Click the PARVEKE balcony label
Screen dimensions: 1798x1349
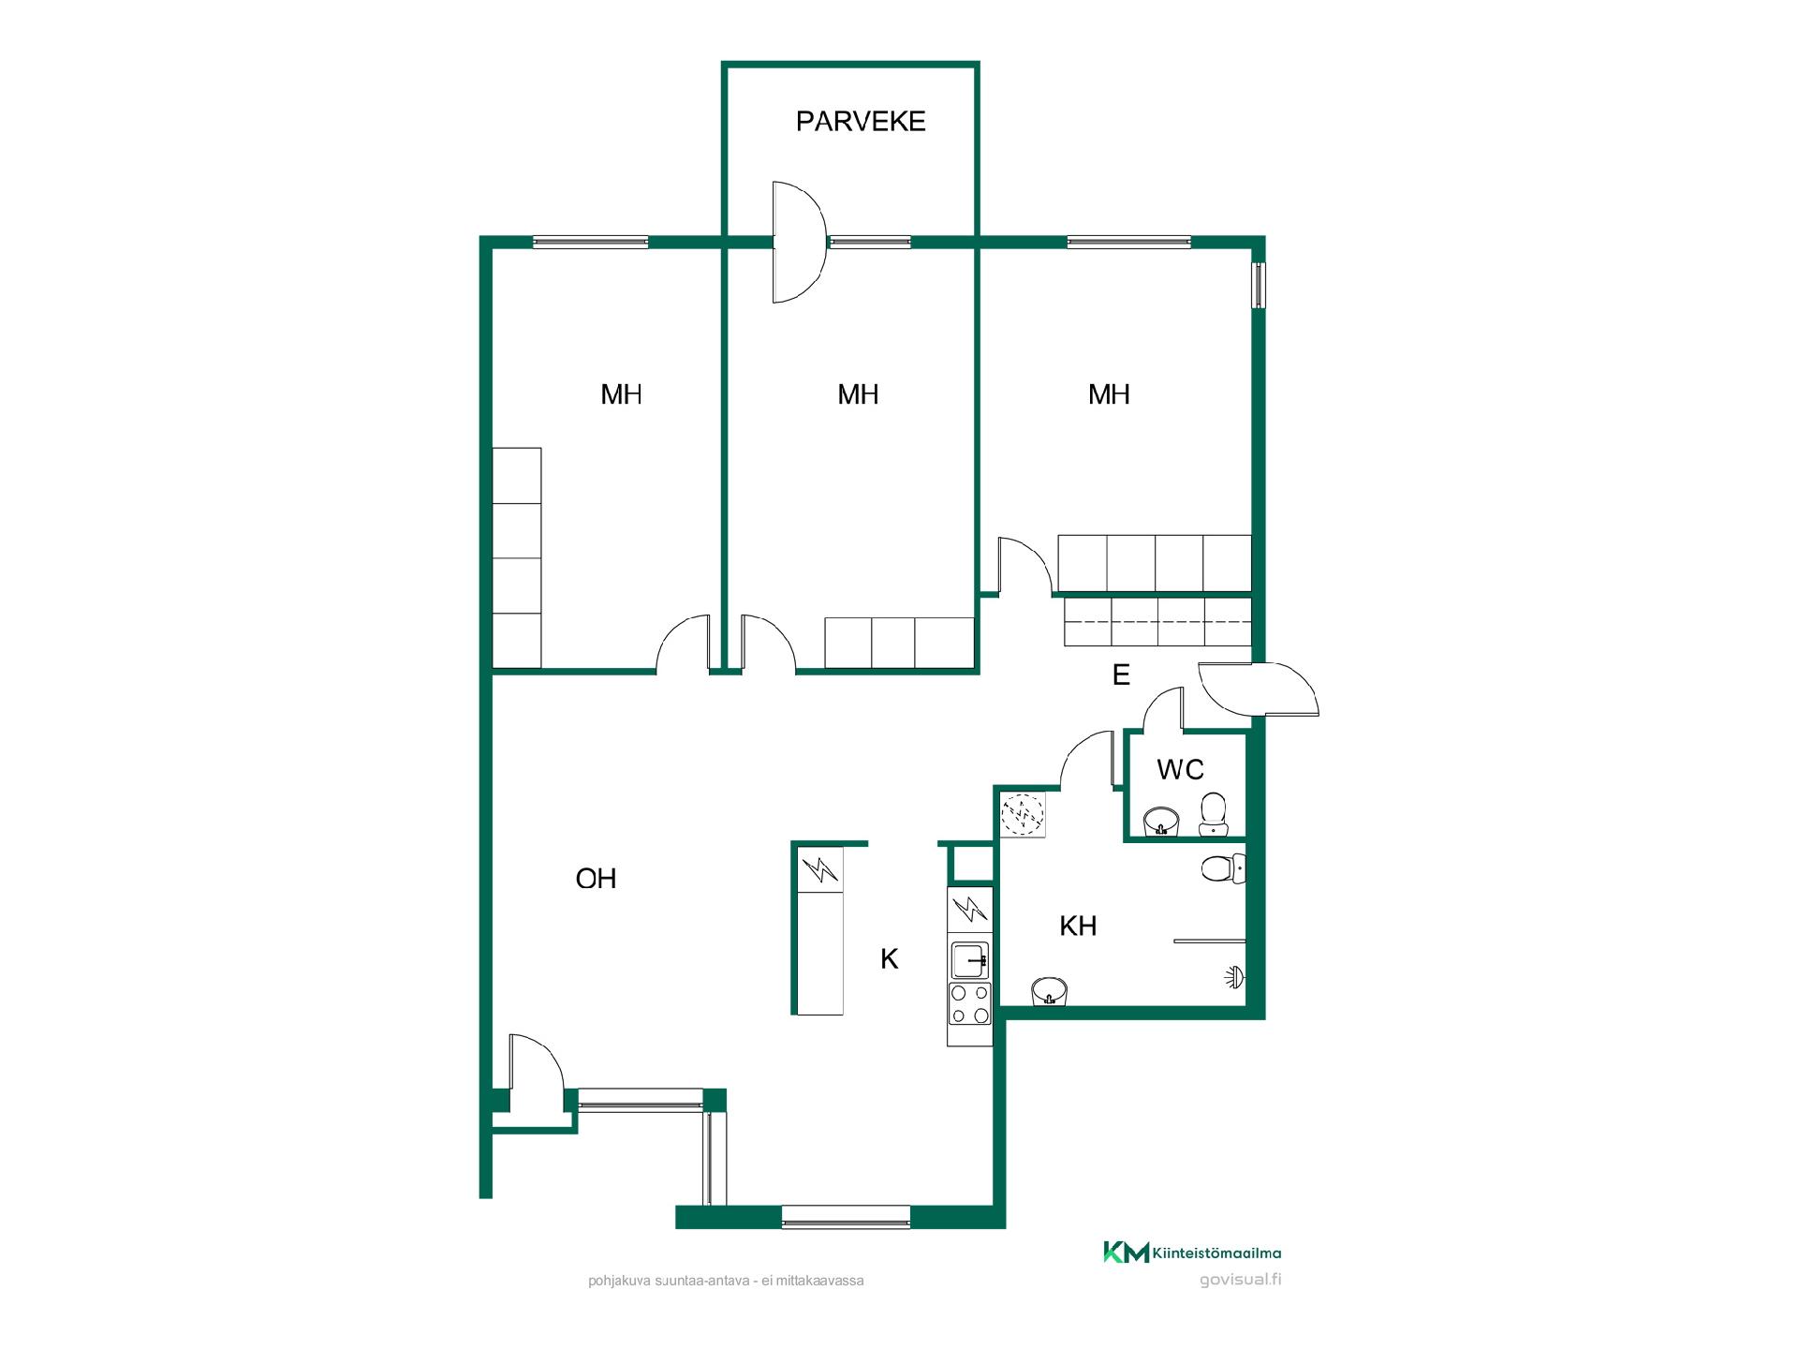861,122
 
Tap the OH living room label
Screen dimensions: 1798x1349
596,879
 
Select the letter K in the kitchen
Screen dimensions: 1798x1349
890,958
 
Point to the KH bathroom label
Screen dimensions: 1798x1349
1078,927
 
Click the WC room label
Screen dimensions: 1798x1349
1180,769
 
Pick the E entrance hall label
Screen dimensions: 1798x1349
1121,674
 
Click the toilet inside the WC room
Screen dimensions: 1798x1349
1213,813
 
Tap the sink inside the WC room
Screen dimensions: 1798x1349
1161,822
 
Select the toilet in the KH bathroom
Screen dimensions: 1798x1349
1223,868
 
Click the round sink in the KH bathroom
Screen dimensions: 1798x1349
1049,991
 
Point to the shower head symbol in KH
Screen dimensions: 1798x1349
1235,977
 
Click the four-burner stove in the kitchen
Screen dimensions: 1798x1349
970,1003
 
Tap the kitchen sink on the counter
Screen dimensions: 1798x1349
970,959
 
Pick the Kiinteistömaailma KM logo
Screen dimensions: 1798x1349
1192,1253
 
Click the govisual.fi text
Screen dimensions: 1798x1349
1240,1280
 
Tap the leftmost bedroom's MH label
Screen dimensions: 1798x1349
621,394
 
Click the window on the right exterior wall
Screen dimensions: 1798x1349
1260,285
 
